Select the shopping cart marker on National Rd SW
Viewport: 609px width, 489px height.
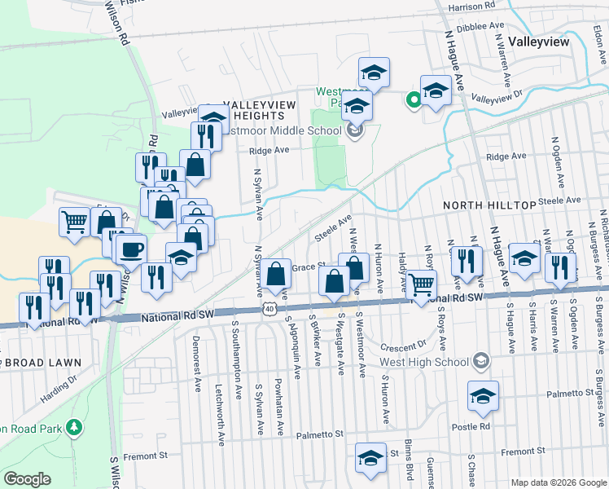click(421, 284)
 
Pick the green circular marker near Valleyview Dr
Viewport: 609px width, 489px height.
click(414, 100)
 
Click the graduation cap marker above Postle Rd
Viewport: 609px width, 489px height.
click(484, 396)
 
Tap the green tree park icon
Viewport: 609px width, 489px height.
click(74, 426)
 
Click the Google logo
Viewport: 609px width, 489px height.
click(28, 479)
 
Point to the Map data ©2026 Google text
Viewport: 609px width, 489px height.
click(559, 482)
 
